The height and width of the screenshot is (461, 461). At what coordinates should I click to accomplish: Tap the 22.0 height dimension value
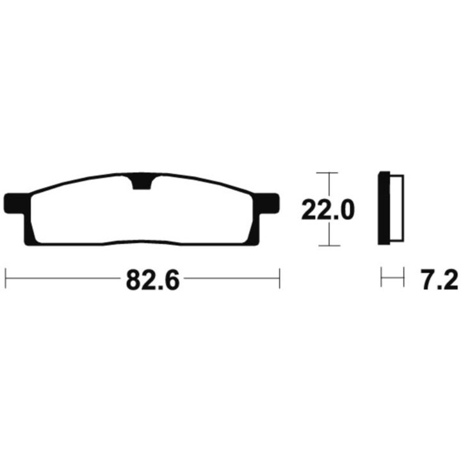pos(328,209)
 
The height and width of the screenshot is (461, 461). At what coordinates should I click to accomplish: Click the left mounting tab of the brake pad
pos(17,203)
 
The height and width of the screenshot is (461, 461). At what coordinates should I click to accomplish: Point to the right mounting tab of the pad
pos(266,203)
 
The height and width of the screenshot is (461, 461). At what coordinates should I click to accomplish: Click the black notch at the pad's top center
pos(142,183)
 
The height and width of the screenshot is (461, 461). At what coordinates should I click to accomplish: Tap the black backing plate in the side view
pos(384,208)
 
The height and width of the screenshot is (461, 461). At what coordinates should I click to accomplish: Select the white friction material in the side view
pos(397,208)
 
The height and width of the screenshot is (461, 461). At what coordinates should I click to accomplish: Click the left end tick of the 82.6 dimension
pos(6,278)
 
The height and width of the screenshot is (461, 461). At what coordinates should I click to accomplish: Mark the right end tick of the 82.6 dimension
pos(280,278)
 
